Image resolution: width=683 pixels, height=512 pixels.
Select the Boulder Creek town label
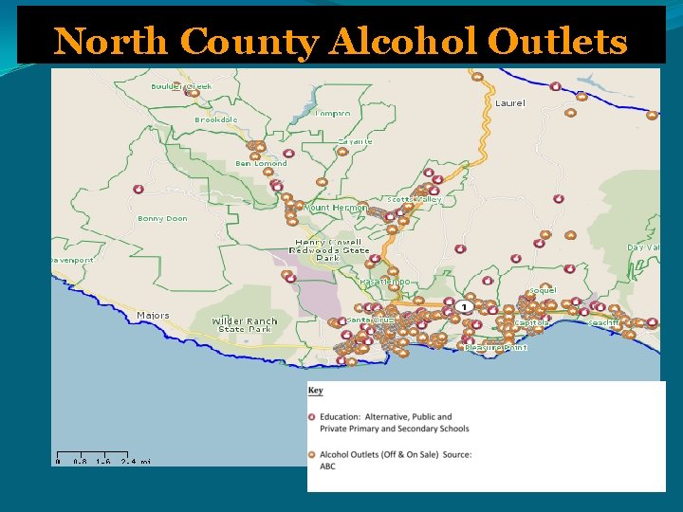tap(181, 86)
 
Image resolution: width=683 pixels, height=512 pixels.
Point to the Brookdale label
tap(216, 119)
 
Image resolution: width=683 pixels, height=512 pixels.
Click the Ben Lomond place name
tap(261, 163)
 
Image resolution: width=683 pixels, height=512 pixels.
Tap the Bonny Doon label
tap(162, 218)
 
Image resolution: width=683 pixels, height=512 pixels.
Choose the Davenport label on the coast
tap(72, 259)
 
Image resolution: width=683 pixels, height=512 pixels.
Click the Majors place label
tap(153, 315)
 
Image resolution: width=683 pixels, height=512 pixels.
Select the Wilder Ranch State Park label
tap(245, 324)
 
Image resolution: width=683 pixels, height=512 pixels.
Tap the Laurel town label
tap(509, 102)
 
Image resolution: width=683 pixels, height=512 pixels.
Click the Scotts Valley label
tap(415, 200)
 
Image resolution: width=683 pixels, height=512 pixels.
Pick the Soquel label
tap(543, 289)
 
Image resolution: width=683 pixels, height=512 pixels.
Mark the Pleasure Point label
tap(495, 347)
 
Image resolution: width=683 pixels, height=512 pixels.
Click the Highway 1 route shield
tap(463, 306)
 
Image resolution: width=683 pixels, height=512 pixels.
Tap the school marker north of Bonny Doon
tap(138, 190)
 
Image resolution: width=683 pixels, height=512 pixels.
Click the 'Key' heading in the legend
tap(315, 391)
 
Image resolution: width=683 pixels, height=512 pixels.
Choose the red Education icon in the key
tap(313, 417)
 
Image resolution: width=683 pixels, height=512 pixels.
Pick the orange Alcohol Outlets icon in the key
tap(313, 454)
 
